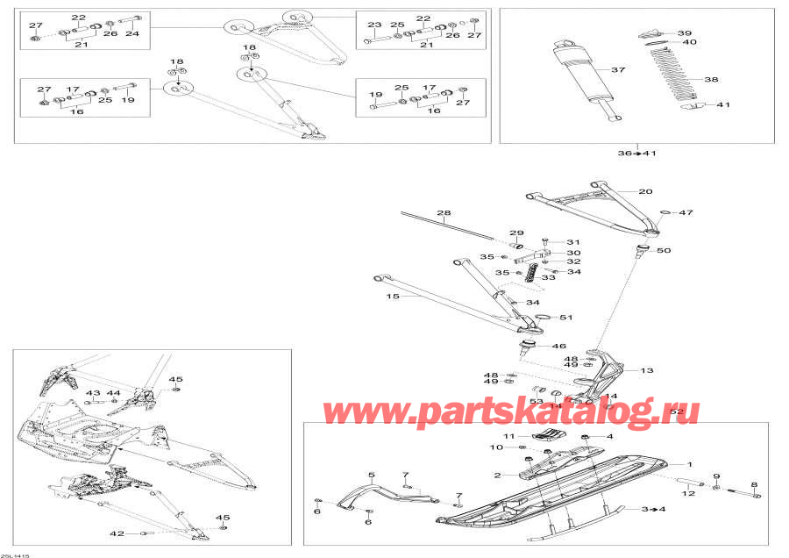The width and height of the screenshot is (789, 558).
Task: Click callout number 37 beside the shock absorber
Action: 617,70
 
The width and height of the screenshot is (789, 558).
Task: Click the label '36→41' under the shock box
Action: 637,154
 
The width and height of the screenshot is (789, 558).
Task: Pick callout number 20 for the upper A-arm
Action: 645,191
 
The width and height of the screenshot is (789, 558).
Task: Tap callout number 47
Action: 686,212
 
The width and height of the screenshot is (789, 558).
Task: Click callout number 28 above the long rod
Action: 444,213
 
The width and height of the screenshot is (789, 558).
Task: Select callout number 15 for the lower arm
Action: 392,297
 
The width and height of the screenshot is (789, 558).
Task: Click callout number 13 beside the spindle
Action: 647,370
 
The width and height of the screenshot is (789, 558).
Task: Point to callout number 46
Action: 558,347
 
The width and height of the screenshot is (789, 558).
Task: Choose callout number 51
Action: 565,317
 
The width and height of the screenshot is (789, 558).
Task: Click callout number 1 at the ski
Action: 689,464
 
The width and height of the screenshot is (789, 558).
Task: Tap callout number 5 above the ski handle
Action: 372,476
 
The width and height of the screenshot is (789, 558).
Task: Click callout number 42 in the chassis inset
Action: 117,533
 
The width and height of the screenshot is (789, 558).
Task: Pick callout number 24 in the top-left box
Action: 132,34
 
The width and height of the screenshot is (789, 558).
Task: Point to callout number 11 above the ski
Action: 508,436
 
